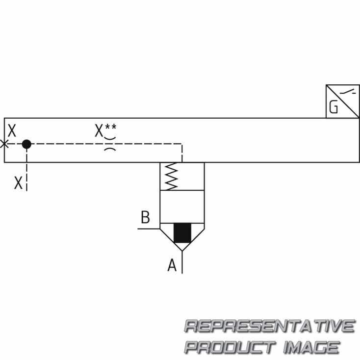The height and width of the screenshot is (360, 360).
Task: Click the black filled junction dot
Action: (26, 144)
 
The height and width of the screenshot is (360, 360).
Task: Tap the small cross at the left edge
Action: (4, 144)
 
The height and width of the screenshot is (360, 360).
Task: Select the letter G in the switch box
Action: (334, 107)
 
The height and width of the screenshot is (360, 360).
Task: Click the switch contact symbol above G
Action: (348, 92)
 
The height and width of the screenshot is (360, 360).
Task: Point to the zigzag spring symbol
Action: (172, 177)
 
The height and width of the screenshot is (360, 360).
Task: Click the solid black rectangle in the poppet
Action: (182, 232)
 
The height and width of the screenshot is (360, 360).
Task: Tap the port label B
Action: (145, 217)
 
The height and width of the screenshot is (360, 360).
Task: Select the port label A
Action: (172, 265)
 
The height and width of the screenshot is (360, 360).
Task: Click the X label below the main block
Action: (18, 183)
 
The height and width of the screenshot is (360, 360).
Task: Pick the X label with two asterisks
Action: (105, 130)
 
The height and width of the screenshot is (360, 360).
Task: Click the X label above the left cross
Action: (12, 130)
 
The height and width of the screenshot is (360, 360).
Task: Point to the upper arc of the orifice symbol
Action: (110, 138)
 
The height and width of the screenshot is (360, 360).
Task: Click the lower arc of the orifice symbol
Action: (110, 150)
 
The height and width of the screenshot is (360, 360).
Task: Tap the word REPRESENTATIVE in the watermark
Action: (270, 326)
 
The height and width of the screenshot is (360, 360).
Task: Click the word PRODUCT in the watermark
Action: (230, 347)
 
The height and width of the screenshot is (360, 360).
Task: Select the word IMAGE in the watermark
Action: (311, 347)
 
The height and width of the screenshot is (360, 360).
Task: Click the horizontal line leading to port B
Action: (149, 229)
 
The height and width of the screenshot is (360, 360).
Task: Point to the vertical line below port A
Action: (182, 262)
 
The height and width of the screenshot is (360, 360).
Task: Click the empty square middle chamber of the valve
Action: (182, 206)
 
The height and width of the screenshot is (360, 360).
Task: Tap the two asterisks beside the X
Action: (111, 127)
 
